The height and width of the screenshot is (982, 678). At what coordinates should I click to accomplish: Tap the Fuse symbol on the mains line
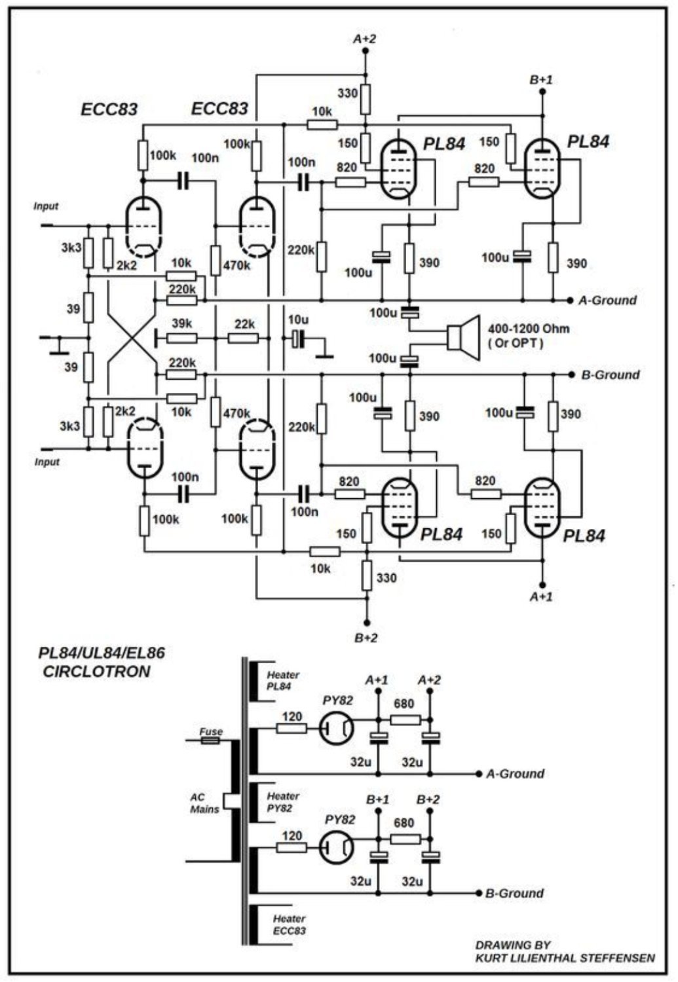pyautogui.click(x=210, y=740)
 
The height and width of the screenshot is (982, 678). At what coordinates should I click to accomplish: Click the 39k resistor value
pyautogui.click(x=181, y=323)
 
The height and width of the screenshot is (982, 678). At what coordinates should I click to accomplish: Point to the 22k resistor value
pyautogui.click(x=244, y=324)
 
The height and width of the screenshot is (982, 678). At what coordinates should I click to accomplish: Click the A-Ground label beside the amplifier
pyautogui.click(x=607, y=300)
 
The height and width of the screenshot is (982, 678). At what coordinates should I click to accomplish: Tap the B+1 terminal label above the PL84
pyautogui.click(x=541, y=80)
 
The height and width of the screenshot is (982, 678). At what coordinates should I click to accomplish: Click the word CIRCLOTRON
pyautogui.click(x=96, y=672)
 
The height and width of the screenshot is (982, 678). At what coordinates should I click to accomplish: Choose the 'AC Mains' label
pyautogui.click(x=204, y=803)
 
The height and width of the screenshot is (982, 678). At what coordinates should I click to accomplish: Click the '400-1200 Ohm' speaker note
pyautogui.click(x=529, y=329)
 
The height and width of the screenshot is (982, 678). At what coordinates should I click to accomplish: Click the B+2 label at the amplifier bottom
pyautogui.click(x=366, y=638)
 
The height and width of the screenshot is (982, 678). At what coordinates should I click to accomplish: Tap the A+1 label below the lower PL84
pyautogui.click(x=541, y=596)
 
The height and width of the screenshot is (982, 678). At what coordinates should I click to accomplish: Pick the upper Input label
pyautogui.click(x=46, y=206)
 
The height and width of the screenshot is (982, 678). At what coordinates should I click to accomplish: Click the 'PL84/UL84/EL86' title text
pyautogui.click(x=102, y=653)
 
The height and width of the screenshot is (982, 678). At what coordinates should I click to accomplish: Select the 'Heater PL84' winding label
pyautogui.click(x=283, y=680)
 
